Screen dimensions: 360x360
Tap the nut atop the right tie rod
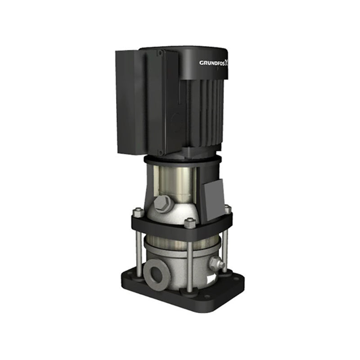(227, 209)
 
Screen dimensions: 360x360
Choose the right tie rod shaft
(225, 243)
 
